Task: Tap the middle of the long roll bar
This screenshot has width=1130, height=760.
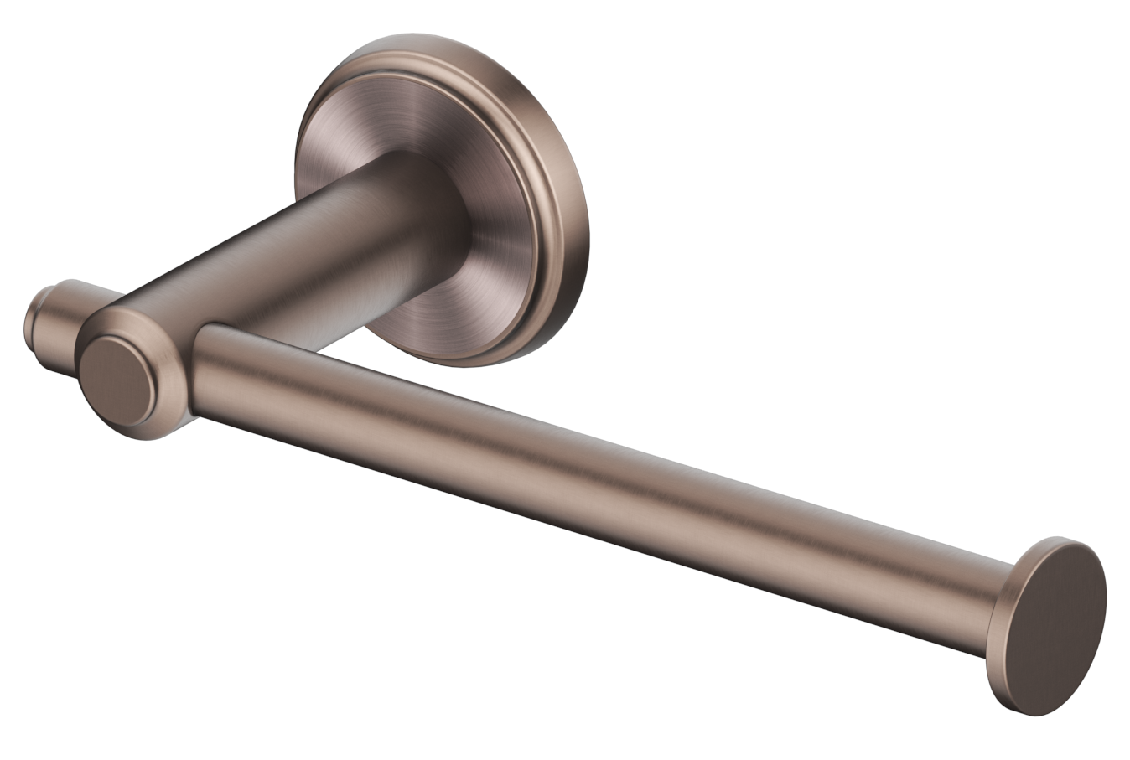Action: (587, 469)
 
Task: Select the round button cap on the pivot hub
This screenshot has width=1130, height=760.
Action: (117, 381)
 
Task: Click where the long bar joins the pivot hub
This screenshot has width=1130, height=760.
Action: (201, 369)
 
